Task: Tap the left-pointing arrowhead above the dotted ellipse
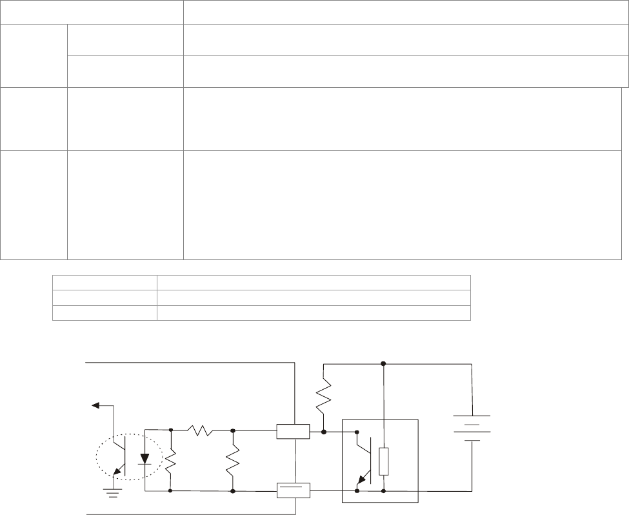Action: click(95, 405)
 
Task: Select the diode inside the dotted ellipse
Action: click(145, 459)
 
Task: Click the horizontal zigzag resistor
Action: click(201, 430)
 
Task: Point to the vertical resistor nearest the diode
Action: click(170, 460)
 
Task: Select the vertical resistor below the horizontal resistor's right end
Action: click(232, 460)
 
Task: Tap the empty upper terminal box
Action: click(293, 430)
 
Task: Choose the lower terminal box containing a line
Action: click(293, 490)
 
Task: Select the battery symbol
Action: click(472, 428)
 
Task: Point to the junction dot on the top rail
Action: click(384, 363)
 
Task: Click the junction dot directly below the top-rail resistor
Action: click(323, 430)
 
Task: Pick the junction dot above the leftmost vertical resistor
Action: click(170, 430)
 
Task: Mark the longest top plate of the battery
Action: click(472, 416)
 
